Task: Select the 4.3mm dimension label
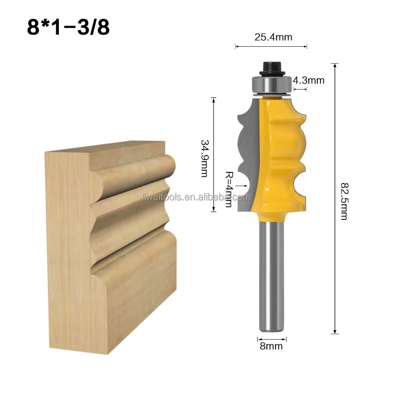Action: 309,80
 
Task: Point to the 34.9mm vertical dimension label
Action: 204,158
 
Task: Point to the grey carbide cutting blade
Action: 249,157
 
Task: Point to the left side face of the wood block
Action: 67,251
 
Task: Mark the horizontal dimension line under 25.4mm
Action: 271,47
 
